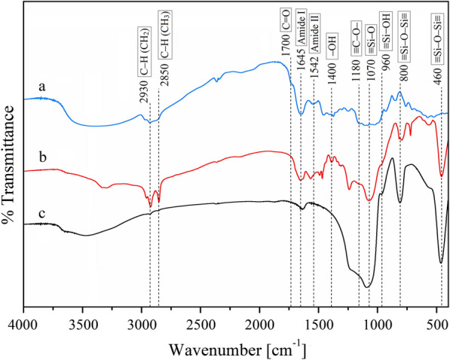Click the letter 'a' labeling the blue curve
(x=43, y=87)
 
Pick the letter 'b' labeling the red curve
(x=43, y=157)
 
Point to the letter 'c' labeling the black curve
(x=43, y=212)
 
